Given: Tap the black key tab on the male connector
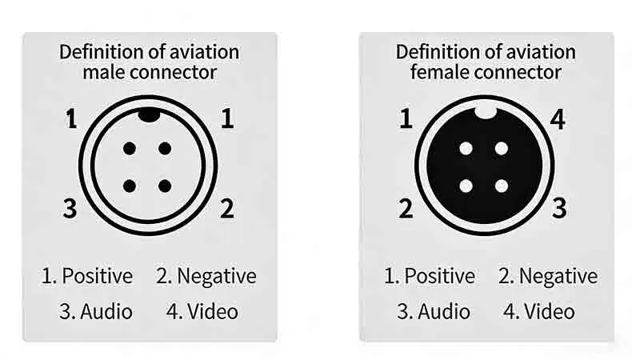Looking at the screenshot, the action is [149, 115].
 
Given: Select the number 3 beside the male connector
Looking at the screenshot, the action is [70, 209].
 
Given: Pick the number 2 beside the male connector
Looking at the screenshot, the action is [227, 209].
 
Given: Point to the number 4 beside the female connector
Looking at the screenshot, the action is [558, 119].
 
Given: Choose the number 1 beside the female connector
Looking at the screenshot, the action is [406, 119].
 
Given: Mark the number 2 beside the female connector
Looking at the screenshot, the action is [406, 209].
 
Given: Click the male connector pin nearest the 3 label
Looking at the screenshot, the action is [130, 186].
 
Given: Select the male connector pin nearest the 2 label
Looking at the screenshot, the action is [165, 186].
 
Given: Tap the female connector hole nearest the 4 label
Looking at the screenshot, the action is [502, 149].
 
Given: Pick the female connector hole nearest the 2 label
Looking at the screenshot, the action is [466, 186].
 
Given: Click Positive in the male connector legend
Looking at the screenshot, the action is [97, 276].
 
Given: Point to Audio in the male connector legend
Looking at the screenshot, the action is [106, 312].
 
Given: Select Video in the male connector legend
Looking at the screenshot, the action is [213, 312].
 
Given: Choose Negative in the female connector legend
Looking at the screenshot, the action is [558, 277].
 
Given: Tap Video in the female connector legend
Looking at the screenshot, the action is [550, 312].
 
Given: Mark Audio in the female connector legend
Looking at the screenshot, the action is [444, 312].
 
